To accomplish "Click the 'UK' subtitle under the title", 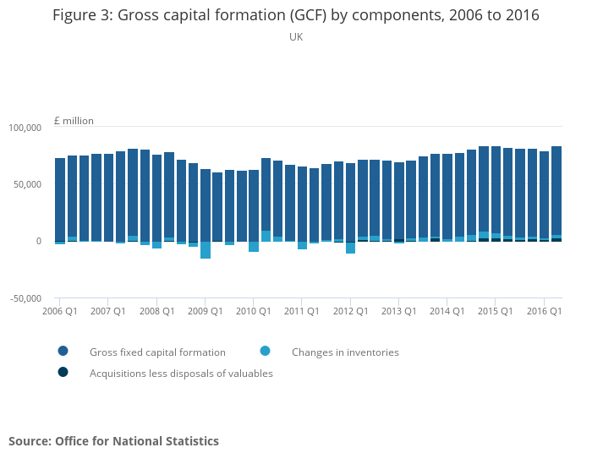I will pos(295,37).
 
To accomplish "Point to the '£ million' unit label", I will pos(74,121).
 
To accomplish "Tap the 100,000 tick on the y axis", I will pos(25,128).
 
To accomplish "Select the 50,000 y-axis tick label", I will pos(27,184).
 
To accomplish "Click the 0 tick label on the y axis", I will pos(38,242).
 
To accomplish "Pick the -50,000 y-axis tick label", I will pos(25,298).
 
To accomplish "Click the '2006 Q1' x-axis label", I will pos(60,311).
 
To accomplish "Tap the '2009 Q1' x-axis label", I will pos(206,311).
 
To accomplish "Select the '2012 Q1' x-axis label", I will pos(350,311).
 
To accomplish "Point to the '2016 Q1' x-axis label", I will pos(545,311).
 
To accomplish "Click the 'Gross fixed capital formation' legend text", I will pos(157,352).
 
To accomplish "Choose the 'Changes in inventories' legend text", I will pos(345,352).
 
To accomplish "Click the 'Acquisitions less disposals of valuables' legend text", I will pos(181,374).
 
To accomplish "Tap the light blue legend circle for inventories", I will pos(266,352).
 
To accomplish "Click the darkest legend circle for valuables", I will pos(63,373).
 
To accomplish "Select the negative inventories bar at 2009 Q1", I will pos(206,250).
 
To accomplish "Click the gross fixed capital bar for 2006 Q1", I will pos(60,199).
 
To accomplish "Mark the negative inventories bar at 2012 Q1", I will pos(350,248).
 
